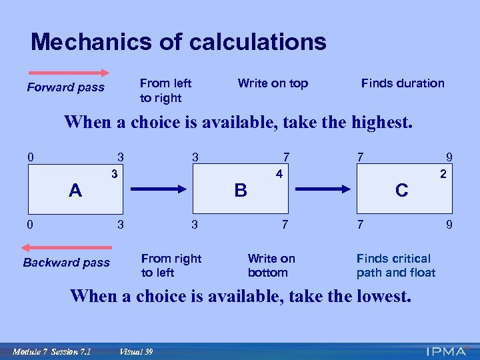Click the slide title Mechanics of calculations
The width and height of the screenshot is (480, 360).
pos(179,42)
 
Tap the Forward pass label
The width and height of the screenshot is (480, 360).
pos(65,87)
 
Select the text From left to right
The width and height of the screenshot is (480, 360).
pos(165,91)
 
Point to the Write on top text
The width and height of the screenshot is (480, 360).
pos(273,83)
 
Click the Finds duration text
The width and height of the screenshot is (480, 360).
pos(403,83)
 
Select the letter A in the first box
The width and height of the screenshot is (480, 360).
pos(75,191)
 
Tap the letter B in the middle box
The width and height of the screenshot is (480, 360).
pos(241,190)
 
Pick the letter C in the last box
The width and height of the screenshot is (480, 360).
pos(401,190)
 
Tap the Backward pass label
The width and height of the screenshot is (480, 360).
pos(66,262)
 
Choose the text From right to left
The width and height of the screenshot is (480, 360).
pos(171,265)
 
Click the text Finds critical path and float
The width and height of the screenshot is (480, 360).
pos(396,265)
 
